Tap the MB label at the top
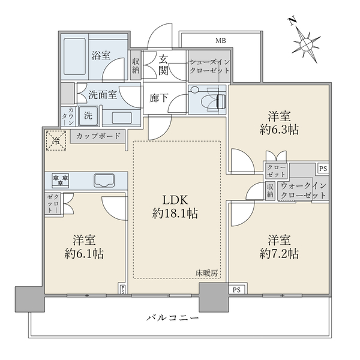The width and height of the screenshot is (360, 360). coord(221,41)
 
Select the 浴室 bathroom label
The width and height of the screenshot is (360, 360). coord(101,55)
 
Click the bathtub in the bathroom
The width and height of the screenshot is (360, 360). coord(75,56)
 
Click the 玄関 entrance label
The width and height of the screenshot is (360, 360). coord(163,65)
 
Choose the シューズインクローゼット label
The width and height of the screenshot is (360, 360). coord(209,66)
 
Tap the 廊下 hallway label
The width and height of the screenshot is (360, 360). coord(158,98)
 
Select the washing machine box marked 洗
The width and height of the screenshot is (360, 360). coord(88,116)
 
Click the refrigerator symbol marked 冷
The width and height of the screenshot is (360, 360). coord(56,140)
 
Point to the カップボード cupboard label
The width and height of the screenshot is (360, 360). coord(98,136)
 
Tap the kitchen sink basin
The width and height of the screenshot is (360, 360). coord(104,180)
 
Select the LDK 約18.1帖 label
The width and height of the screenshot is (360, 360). coord(175,206)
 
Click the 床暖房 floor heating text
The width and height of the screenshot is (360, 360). coord(206,273)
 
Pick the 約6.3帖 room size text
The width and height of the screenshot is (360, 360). coord(279,130)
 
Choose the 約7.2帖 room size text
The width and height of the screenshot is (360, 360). coord(279,254)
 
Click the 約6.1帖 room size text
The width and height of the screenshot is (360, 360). coord(84,254)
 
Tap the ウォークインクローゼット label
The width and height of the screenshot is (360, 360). coord(303,190)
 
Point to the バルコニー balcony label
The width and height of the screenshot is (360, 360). coord(173,318)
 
